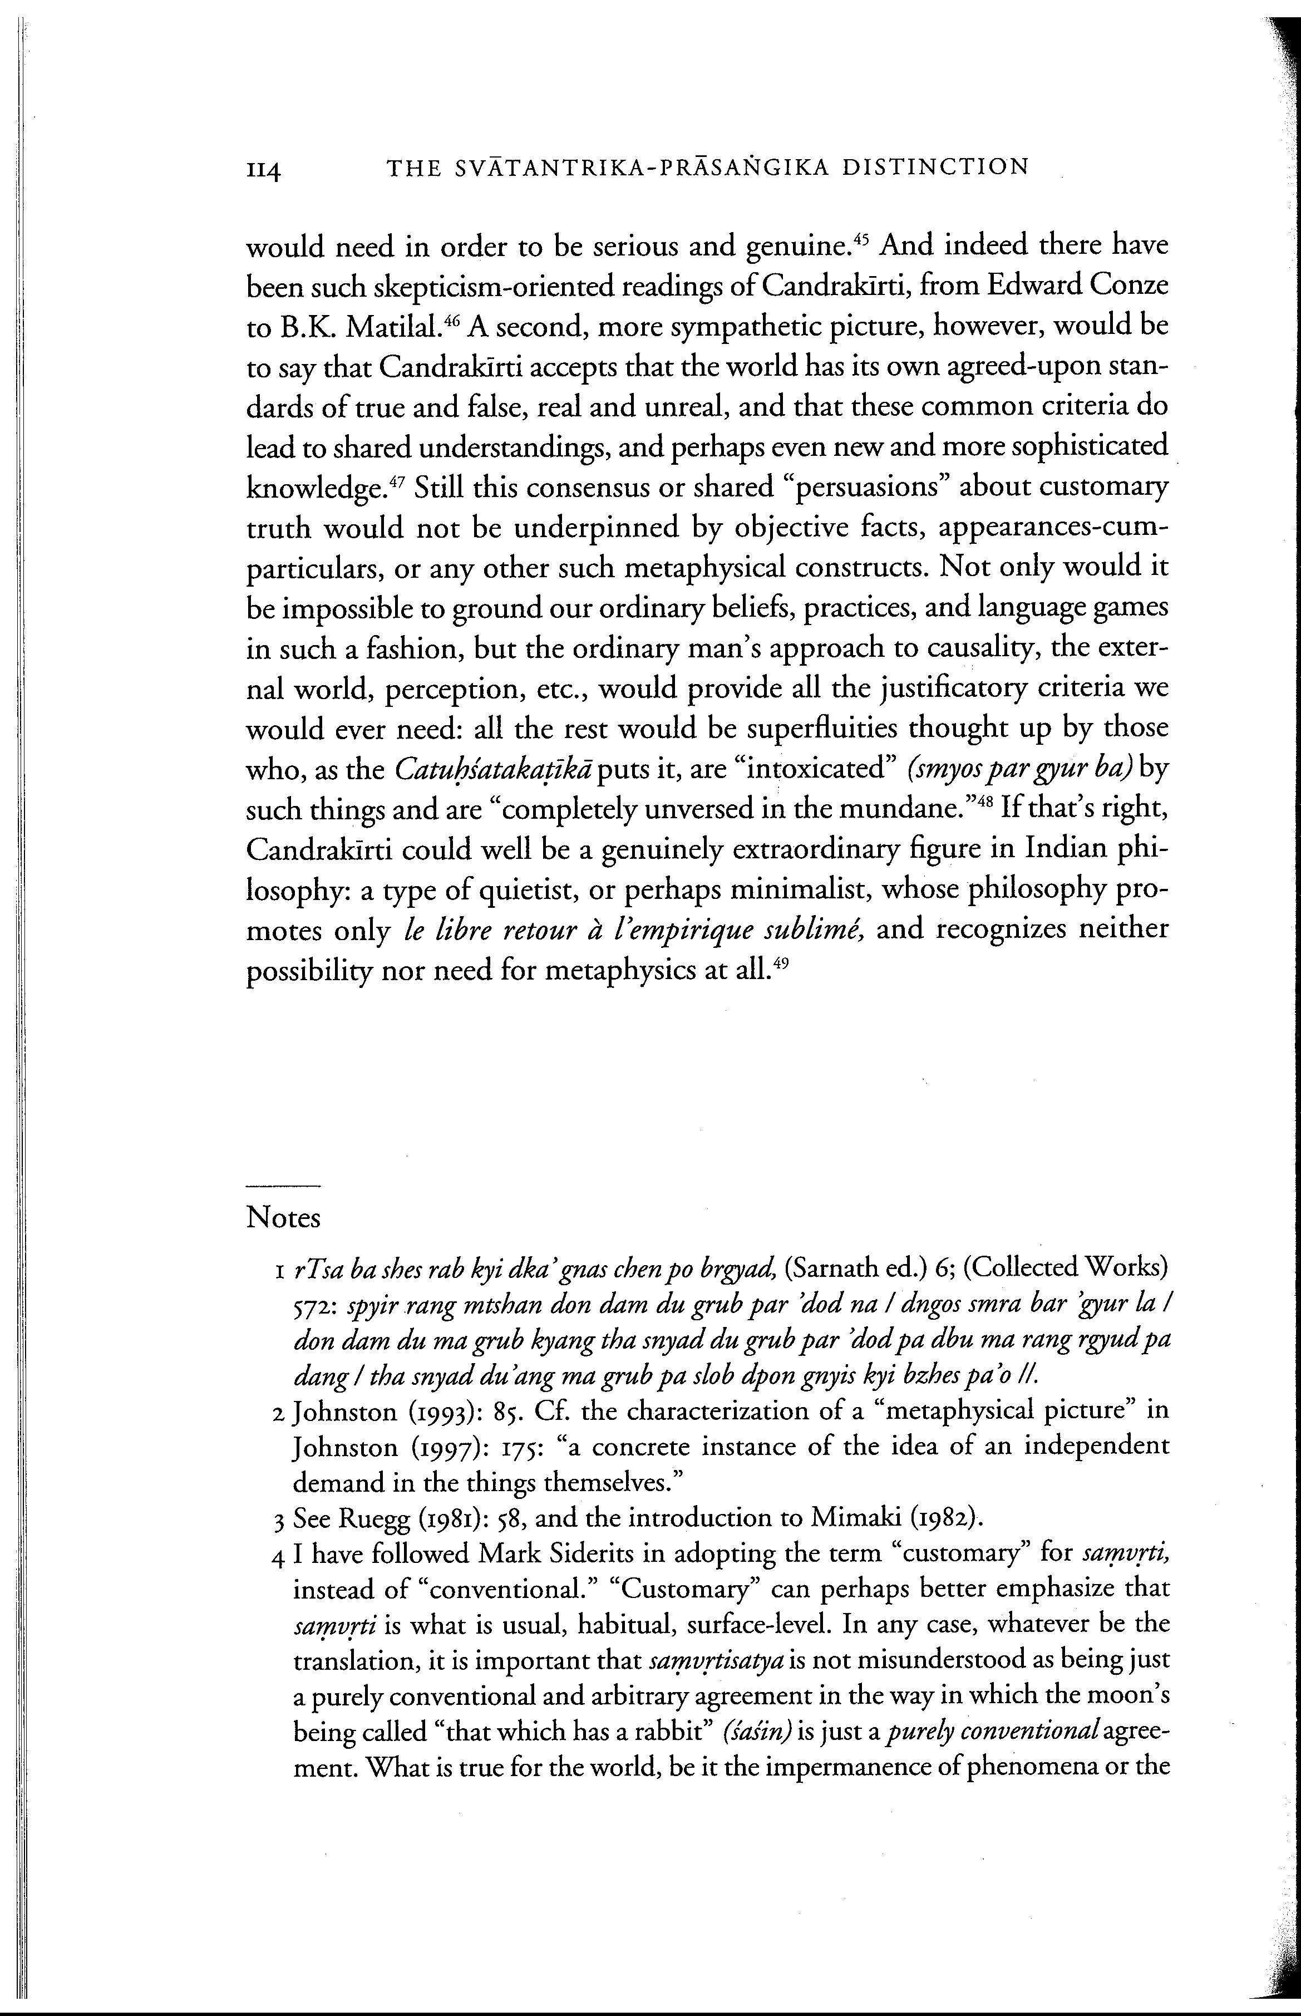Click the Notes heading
click(x=283, y=1217)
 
